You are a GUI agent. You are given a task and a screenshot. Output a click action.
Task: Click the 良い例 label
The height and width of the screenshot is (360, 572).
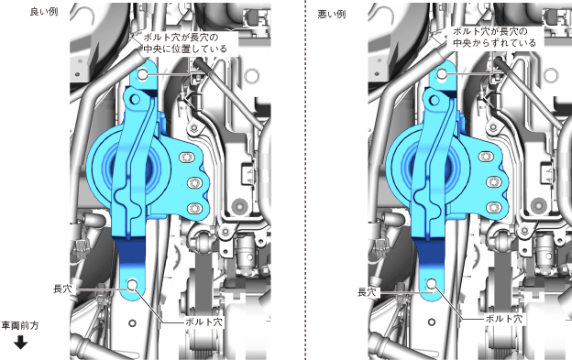point(44,12)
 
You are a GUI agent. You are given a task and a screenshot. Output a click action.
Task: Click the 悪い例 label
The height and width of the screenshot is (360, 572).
point(331,15)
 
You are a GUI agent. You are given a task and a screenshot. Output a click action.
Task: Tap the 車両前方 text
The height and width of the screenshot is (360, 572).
point(20,325)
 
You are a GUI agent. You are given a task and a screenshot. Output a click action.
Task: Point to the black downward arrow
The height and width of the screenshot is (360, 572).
point(20,343)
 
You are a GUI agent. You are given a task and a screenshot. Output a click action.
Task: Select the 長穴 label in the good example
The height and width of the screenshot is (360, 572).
point(62,289)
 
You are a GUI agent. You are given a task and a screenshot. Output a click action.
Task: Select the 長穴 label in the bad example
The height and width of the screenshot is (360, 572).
point(367,292)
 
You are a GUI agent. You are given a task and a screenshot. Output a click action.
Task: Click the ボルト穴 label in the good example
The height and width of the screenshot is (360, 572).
point(203,322)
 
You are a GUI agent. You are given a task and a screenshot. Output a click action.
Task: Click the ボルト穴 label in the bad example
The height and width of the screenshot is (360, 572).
point(504,319)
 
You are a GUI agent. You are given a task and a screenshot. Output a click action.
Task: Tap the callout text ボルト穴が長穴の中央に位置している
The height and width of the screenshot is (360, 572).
point(185,43)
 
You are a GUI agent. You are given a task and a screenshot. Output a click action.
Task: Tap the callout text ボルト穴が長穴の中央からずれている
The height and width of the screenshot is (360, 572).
point(494,38)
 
